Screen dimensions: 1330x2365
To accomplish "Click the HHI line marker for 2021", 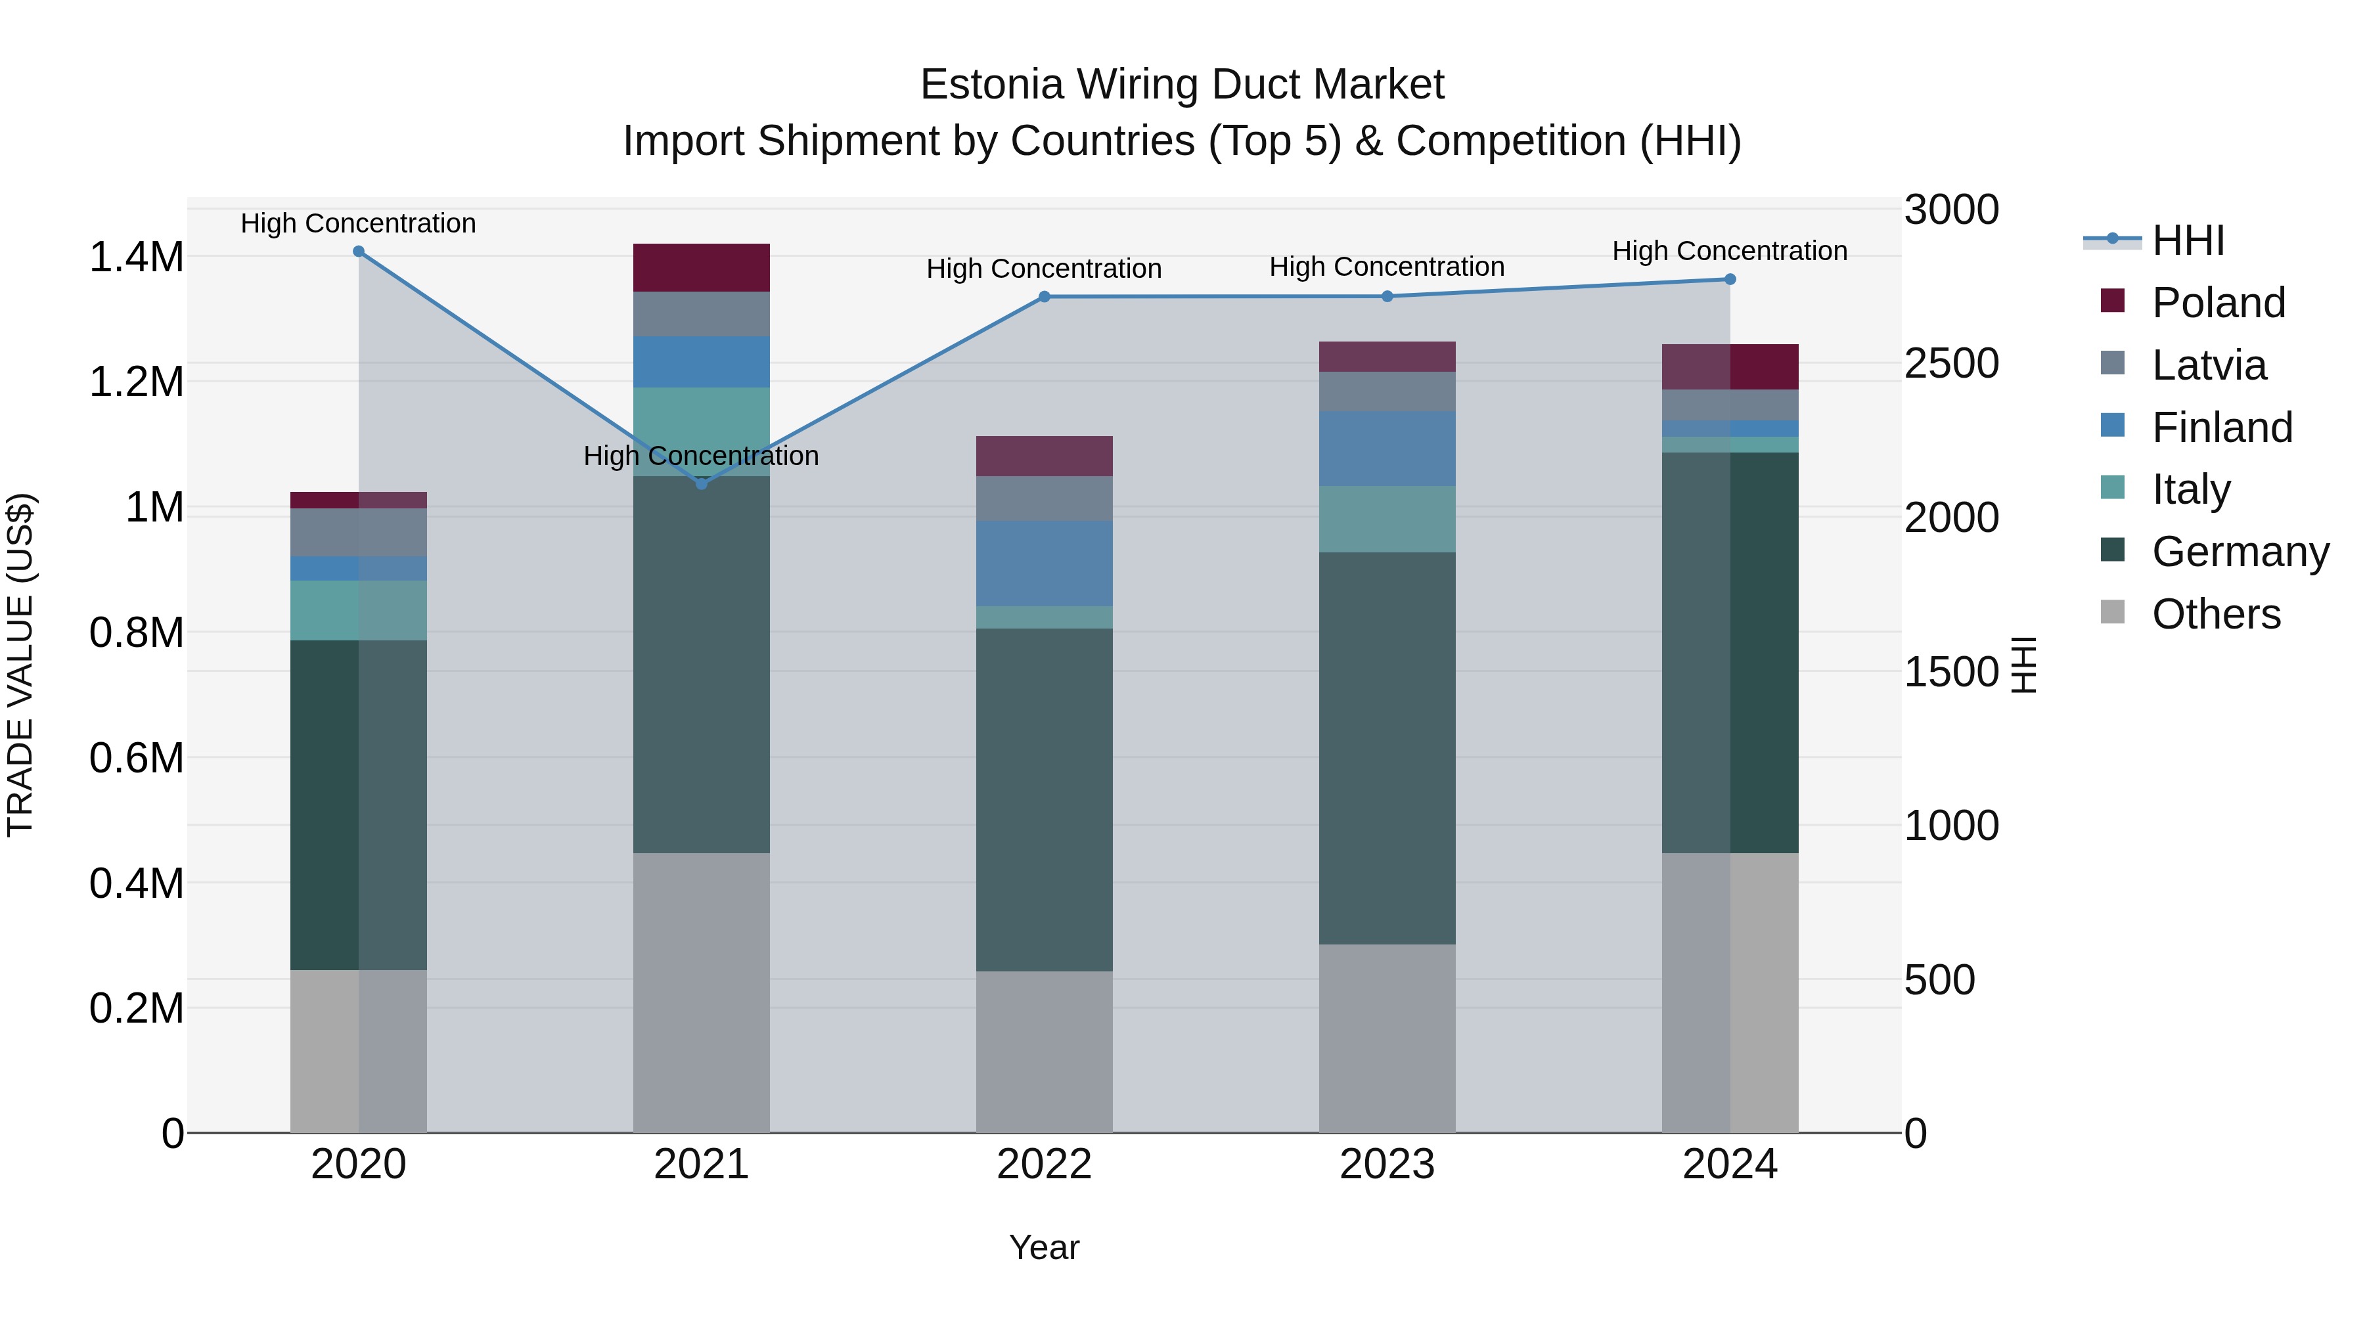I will [x=702, y=483].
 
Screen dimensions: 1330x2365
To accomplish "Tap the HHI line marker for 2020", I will [x=359, y=252].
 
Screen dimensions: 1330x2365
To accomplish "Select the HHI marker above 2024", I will [x=1730, y=279].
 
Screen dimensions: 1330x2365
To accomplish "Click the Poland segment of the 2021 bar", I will [x=702, y=267].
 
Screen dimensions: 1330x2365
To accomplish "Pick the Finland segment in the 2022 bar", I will [x=1044, y=563].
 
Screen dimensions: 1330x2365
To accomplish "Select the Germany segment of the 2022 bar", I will [x=1044, y=799].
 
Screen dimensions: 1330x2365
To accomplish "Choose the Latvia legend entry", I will [x=2208, y=365].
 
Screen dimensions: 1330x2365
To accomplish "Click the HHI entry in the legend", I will [x=2188, y=240].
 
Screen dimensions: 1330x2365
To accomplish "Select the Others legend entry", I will [x=2215, y=614].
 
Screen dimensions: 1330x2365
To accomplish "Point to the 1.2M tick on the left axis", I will [x=137, y=382].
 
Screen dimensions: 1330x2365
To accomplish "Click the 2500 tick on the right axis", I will [x=1951, y=363].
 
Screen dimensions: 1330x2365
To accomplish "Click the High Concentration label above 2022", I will [x=1044, y=269].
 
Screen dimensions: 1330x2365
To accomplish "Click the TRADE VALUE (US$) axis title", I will [x=20, y=665].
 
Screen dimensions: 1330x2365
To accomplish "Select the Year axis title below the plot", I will [x=1044, y=1247].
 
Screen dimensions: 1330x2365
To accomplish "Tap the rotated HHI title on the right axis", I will [x=2023, y=665].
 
